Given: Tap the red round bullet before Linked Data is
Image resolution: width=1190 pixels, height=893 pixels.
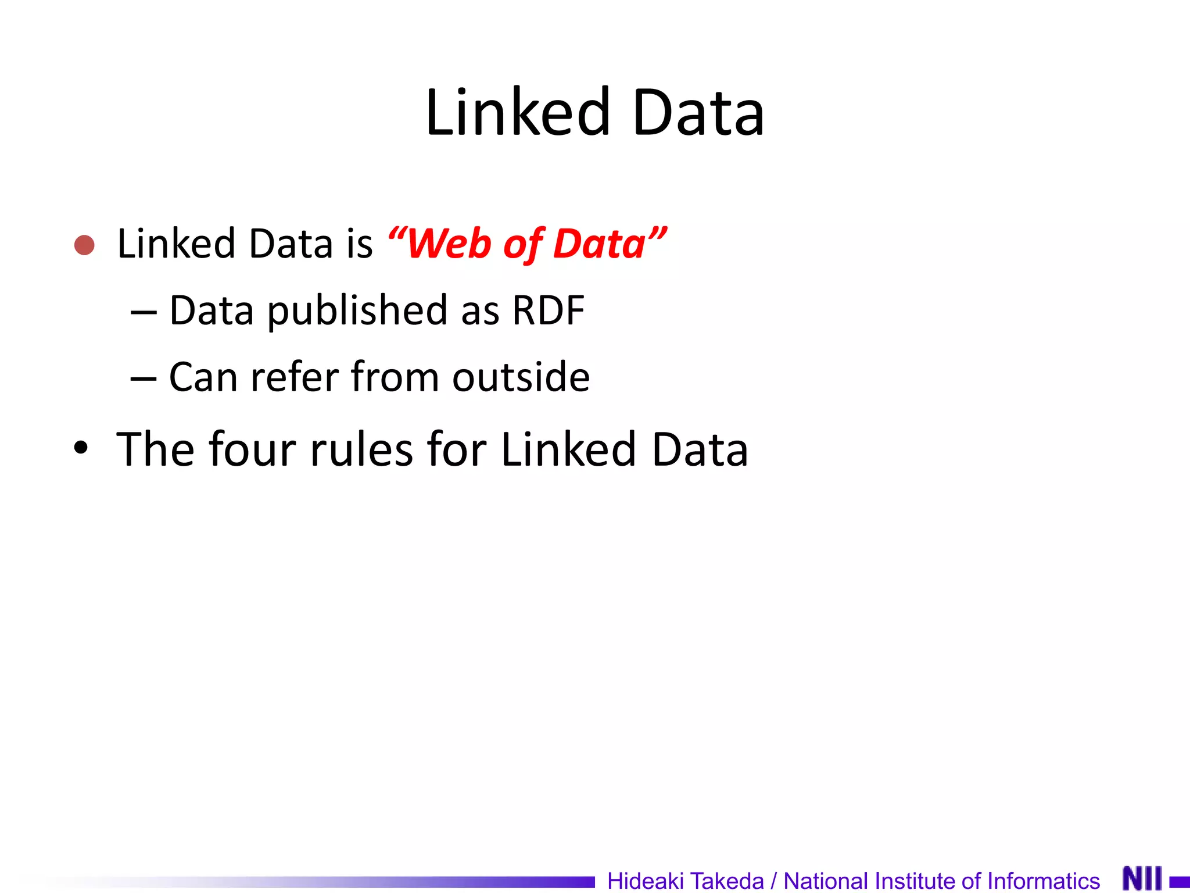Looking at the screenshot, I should click(84, 245).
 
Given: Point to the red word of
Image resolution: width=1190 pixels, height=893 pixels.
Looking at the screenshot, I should click(522, 244).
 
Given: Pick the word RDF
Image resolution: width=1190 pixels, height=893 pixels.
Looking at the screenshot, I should click(548, 310).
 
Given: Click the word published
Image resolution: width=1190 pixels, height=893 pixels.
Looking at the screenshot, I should click(357, 311).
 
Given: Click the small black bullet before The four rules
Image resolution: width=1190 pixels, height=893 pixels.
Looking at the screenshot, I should click(81, 448).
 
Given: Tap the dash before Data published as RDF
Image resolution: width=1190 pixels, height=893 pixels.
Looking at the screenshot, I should click(144, 313).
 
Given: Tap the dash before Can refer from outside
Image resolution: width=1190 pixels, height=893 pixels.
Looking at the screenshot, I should click(144, 379).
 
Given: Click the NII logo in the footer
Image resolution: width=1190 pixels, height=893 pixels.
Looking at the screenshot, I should click(1142, 878).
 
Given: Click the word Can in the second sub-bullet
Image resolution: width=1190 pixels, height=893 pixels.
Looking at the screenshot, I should click(203, 377).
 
